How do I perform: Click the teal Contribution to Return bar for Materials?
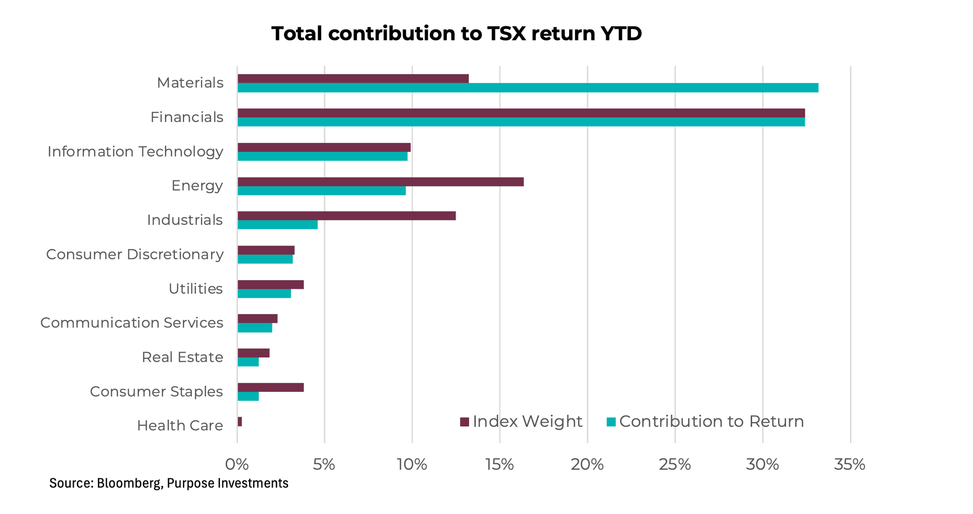point(528,88)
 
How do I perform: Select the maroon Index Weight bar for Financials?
point(521,113)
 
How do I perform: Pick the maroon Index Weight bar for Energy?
point(380,182)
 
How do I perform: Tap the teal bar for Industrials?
point(277,225)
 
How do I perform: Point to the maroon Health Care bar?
point(240,422)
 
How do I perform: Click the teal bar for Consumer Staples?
point(248,396)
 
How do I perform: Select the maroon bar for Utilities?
point(270,284)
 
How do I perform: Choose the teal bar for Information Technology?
point(323,156)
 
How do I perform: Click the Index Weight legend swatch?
point(464,422)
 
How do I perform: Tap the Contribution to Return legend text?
point(711,422)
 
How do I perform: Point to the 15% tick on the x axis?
point(500,465)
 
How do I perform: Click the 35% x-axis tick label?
point(849,465)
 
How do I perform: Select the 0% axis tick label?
point(237,465)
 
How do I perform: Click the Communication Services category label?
point(131,323)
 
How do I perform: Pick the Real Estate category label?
point(182,357)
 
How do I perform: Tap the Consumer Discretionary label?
point(135,254)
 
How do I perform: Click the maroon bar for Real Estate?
point(253,353)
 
